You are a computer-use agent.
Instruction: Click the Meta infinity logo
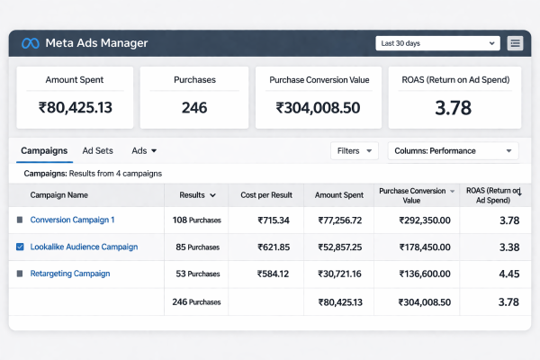point(31,43)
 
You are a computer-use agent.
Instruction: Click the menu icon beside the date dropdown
point(515,43)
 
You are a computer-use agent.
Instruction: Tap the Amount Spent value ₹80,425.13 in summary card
point(76,108)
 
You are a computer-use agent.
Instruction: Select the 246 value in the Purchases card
point(193,108)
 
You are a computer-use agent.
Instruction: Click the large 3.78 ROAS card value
point(455,109)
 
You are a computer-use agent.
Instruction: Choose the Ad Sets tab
point(97,151)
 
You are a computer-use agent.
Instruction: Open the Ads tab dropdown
point(144,151)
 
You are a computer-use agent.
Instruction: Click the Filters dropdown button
point(354,151)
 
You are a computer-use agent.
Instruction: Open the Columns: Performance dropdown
point(453,151)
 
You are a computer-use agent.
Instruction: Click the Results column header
point(196,194)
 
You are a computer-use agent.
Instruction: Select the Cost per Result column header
point(266,194)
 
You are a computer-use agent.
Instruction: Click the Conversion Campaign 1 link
point(72,220)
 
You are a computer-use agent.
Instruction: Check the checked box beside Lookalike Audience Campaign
point(20,247)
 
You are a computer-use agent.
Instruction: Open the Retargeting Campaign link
point(70,274)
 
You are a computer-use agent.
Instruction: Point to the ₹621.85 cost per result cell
point(274,247)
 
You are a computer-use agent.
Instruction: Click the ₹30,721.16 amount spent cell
point(340,274)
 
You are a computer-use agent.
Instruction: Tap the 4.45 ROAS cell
point(508,274)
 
